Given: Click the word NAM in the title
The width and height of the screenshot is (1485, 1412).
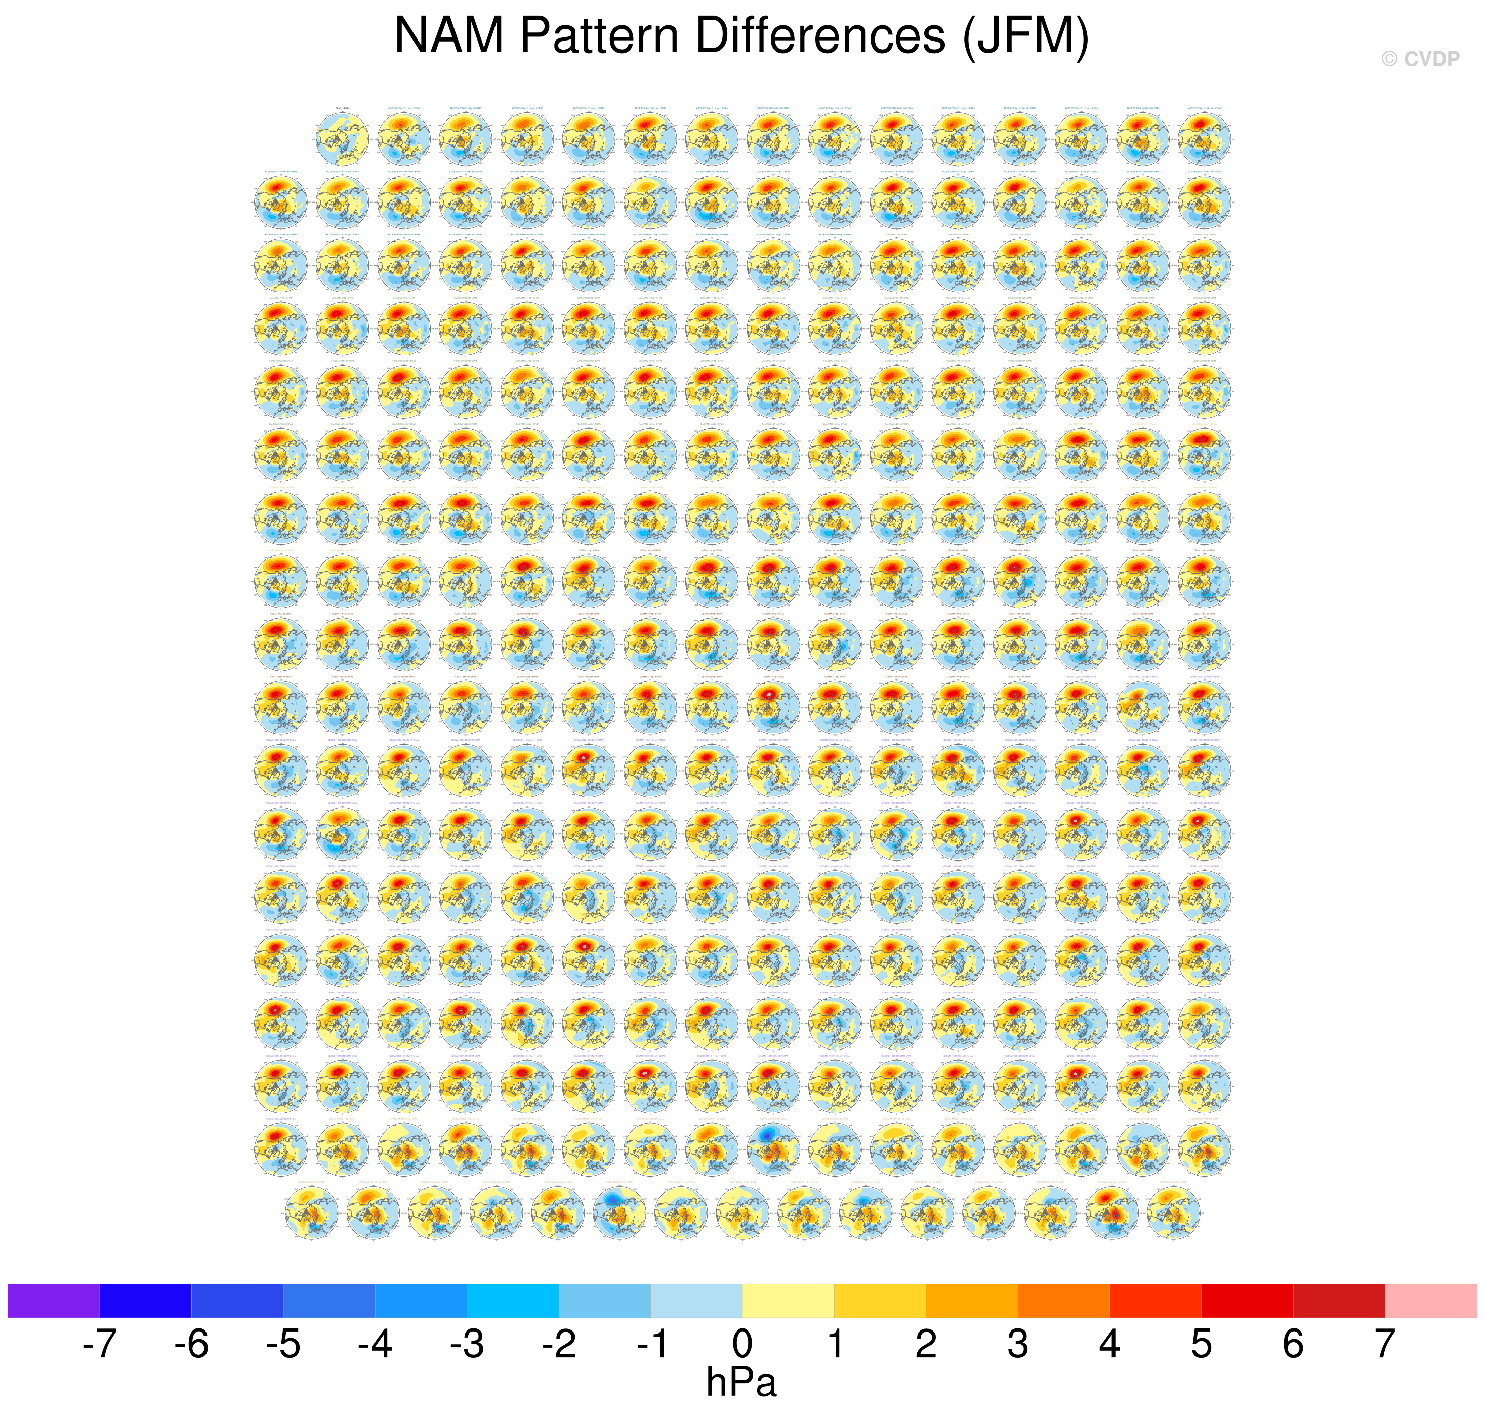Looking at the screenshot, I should coord(448,35).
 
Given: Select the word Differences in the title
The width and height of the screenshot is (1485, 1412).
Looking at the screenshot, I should coord(820,35).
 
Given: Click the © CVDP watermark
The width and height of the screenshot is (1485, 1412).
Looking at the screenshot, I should coord(1420,59).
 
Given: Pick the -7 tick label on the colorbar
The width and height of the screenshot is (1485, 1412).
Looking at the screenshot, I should coord(99,1344).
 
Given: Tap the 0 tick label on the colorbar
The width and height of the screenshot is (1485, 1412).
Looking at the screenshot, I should coord(742,1344).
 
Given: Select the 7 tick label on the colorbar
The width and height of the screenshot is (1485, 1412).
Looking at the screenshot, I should coord(1385,1344).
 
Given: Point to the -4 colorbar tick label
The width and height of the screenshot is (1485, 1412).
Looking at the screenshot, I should coord(375,1344).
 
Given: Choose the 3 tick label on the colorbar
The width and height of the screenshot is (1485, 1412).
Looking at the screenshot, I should coord(1018,1344).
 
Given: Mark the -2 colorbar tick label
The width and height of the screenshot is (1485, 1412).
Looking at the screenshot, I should coord(558,1344).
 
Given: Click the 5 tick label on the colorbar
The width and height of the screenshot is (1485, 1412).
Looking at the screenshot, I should coord(1202,1344).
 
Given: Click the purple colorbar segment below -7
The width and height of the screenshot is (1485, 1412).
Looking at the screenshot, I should coord(54,1301).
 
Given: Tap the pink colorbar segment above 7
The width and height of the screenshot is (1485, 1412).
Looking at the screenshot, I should coord(1431,1301).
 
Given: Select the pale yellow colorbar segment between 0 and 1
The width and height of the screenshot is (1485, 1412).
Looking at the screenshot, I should coord(789,1301).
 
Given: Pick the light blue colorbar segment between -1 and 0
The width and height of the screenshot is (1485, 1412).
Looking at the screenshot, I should coord(696,1301).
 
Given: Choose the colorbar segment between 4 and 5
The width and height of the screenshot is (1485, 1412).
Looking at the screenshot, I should coord(1156,1301).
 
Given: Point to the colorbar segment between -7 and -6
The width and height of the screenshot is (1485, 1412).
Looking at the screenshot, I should coord(145,1301).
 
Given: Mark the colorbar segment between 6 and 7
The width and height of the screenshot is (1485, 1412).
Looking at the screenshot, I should coord(1339,1301).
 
